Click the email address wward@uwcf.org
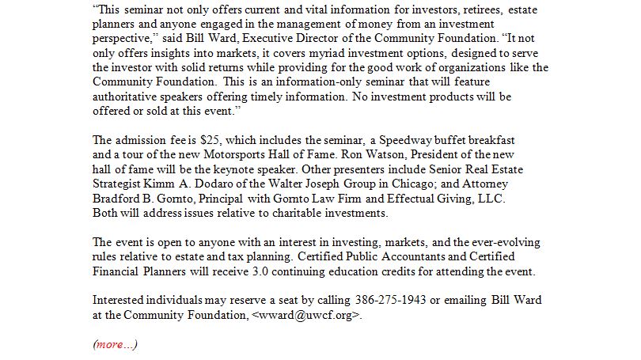point(307,315)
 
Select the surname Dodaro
point(211,184)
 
